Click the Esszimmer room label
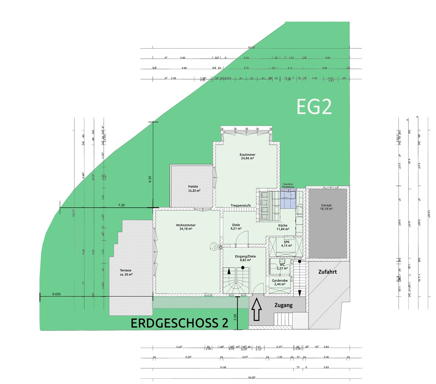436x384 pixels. click(x=247, y=156)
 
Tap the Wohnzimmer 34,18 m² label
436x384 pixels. click(x=185, y=227)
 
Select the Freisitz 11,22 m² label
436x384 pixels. click(x=194, y=188)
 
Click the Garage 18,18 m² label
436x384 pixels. click(x=326, y=207)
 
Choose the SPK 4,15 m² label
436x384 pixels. click(x=286, y=244)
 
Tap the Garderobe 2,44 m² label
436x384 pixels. click(x=280, y=282)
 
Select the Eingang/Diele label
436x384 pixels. click(x=245, y=258)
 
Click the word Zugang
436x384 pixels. click(x=283, y=305)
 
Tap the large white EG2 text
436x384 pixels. click(x=314, y=107)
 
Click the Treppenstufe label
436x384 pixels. click(x=241, y=206)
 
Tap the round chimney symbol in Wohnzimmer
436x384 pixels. click(x=214, y=246)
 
